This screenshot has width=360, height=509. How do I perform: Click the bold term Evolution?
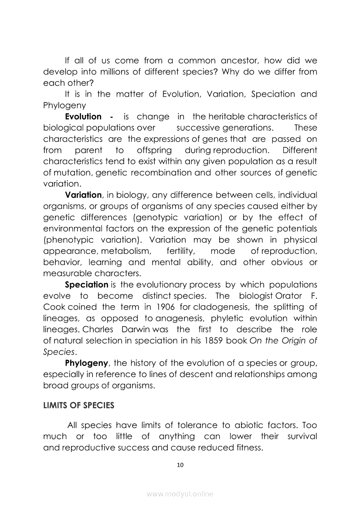tap(83, 117)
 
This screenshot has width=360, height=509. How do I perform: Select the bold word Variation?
tap(83, 195)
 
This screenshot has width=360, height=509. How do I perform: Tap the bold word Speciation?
tap(86, 285)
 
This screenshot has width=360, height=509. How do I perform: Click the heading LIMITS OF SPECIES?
tap(78, 405)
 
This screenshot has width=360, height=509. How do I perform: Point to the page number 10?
tap(180, 465)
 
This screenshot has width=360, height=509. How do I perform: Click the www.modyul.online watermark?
tap(180, 494)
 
